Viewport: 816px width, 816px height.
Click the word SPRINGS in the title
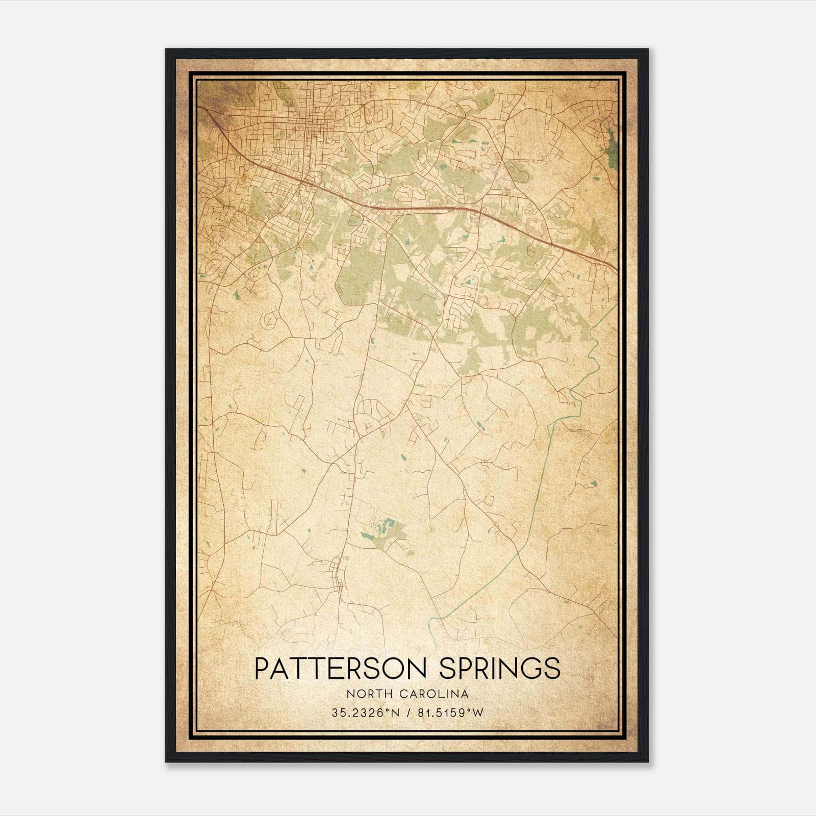tap(500, 668)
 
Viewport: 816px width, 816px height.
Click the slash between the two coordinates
tap(408, 713)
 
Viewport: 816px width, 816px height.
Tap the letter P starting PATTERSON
tap(261, 668)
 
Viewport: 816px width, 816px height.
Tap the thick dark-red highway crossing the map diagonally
tap(388, 208)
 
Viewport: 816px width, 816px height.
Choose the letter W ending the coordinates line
tap(478, 713)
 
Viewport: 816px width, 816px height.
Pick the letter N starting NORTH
tap(350, 694)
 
